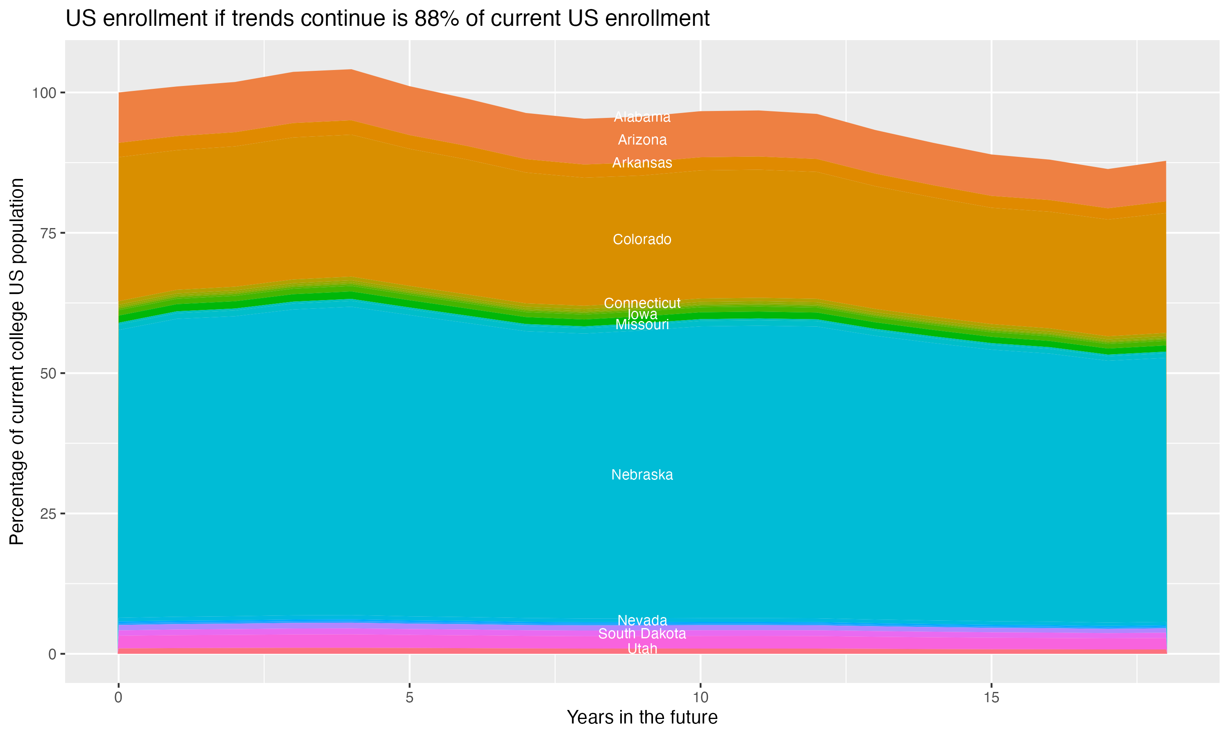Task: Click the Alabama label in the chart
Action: (642, 117)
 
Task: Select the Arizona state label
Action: (642, 140)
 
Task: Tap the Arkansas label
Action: (642, 163)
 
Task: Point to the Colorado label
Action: (642, 240)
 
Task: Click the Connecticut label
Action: (642, 303)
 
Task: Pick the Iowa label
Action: (642, 314)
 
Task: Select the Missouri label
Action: (642, 325)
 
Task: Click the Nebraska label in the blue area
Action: (642, 475)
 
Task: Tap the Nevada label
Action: (642, 620)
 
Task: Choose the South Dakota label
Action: (642, 634)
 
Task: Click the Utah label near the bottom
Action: (642, 649)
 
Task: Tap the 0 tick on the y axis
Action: (52, 654)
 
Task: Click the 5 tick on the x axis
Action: (409, 698)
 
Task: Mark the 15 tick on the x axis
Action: (991, 698)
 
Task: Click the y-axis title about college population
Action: (17, 361)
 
